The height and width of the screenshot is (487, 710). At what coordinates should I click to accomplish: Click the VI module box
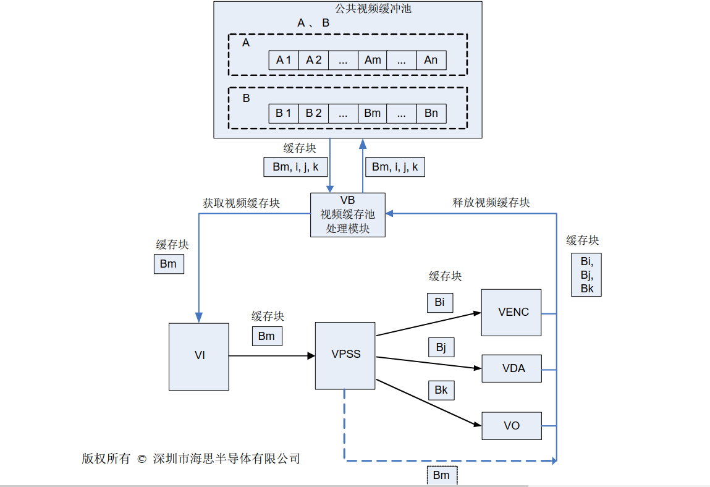tap(199, 356)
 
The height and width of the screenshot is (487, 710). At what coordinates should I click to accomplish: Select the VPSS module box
tap(345, 355)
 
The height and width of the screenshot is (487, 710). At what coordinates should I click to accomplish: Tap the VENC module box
tap(512, 312)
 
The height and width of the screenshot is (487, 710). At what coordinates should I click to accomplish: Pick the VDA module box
tap(512, 368)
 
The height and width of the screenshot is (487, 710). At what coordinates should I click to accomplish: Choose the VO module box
tap(512, 426)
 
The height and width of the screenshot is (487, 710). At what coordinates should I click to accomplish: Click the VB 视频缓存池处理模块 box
tap(348, 214)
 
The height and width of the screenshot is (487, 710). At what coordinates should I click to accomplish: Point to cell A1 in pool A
tap(284, 60)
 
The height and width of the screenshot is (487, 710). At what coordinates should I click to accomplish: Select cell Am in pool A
tap(373, 60)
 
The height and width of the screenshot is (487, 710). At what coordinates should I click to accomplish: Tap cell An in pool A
tap(431, 60)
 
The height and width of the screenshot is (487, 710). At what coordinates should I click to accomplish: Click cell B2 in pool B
tap(313, 113)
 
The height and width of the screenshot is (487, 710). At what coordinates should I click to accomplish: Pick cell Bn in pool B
tap(431, 113)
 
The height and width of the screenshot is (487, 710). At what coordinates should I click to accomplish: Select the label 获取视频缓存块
tap(241, 203)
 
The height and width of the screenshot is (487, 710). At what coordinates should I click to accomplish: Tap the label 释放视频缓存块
tap(491, 202)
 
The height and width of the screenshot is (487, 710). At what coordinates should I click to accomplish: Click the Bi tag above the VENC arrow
tap(439, 302)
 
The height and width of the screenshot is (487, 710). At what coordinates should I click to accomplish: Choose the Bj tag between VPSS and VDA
tap(441, 347)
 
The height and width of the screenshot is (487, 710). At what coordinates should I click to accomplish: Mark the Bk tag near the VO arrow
tap(441, 391)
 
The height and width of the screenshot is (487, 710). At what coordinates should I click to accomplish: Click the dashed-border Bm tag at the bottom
tap(441, 475)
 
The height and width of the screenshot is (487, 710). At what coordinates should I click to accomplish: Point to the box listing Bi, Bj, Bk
tap(586, 274)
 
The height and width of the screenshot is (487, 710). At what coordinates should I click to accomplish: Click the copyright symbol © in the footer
tap(141, 459)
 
